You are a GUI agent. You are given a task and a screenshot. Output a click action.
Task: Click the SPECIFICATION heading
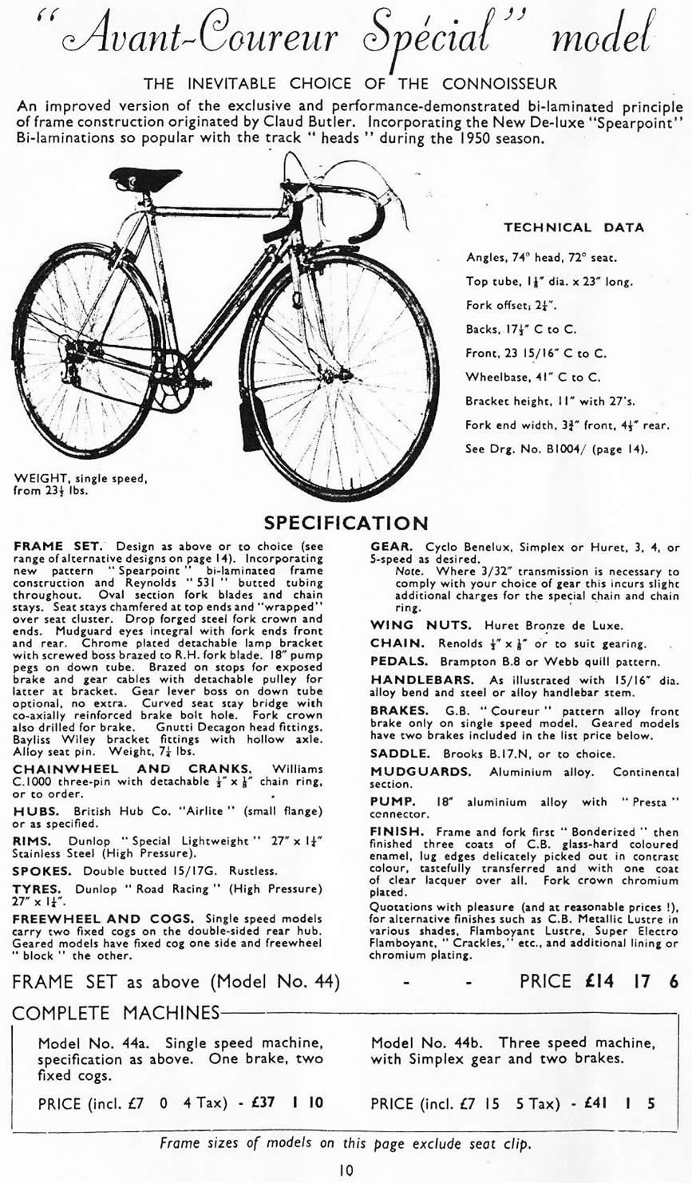tap(346, 523)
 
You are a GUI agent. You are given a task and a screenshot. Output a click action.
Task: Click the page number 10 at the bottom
tap(345, 1170)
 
